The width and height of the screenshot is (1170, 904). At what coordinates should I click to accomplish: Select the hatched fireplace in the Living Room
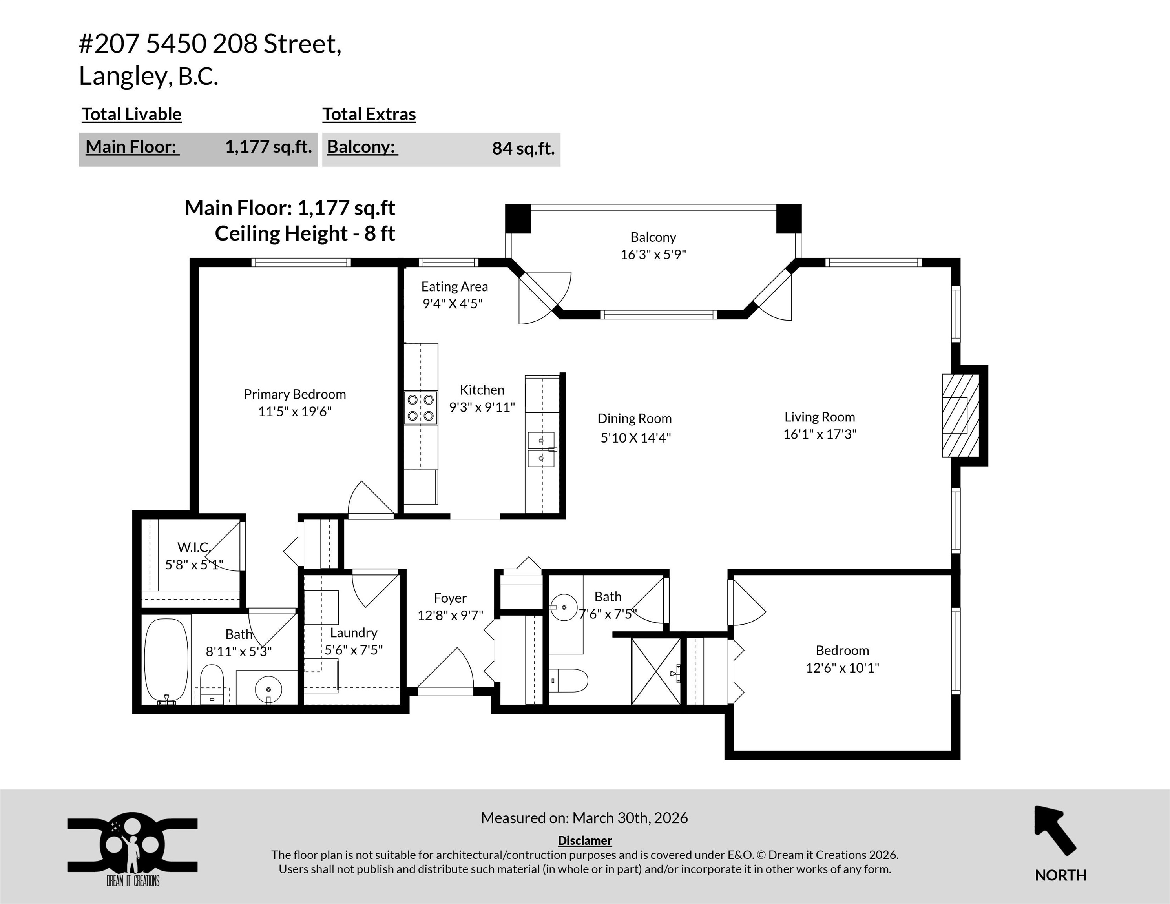tap(960, 415)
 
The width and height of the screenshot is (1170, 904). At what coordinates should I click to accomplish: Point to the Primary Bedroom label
tap(295, 394)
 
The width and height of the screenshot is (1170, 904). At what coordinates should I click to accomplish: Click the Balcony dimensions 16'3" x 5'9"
tap(653, 254)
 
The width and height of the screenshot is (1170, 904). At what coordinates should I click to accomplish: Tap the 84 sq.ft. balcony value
tap(523, 148)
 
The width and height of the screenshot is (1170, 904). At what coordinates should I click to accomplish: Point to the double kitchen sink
tap(541, 449)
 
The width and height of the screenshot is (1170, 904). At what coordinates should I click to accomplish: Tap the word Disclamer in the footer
tap(584, 840)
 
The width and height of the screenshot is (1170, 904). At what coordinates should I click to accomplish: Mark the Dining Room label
tap(634, 418)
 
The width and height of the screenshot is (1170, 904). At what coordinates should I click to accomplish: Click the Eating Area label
tap(454, 286)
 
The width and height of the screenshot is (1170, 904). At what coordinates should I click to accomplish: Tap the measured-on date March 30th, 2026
tap(630, 818)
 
